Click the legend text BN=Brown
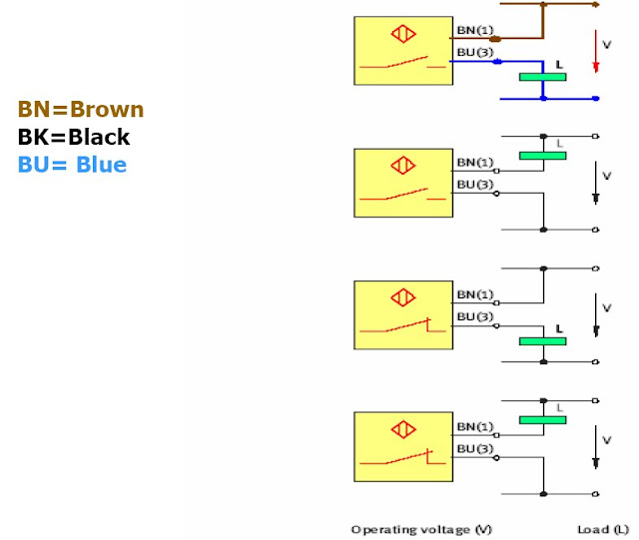(81, 109)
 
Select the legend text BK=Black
(74, 137)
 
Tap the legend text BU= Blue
(72, 165)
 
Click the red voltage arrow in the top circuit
(596, 51)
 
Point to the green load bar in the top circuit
(543, 77)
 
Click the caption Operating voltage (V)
(421, 529)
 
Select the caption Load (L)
(603, 529)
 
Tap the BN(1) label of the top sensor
(475, 30)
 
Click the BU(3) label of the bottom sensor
(475, 449)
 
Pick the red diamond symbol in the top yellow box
(403, 34)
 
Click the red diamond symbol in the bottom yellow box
(403, 429)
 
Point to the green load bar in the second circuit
(543, 156)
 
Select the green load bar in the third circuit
(543, 341)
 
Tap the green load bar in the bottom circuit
(543, 420)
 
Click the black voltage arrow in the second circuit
(596, 183)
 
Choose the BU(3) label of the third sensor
(475, 316)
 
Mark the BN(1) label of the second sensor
(475, 163)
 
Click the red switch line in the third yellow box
(403, 326)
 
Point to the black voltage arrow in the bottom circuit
(596, 447)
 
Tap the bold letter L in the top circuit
(559, 65)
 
